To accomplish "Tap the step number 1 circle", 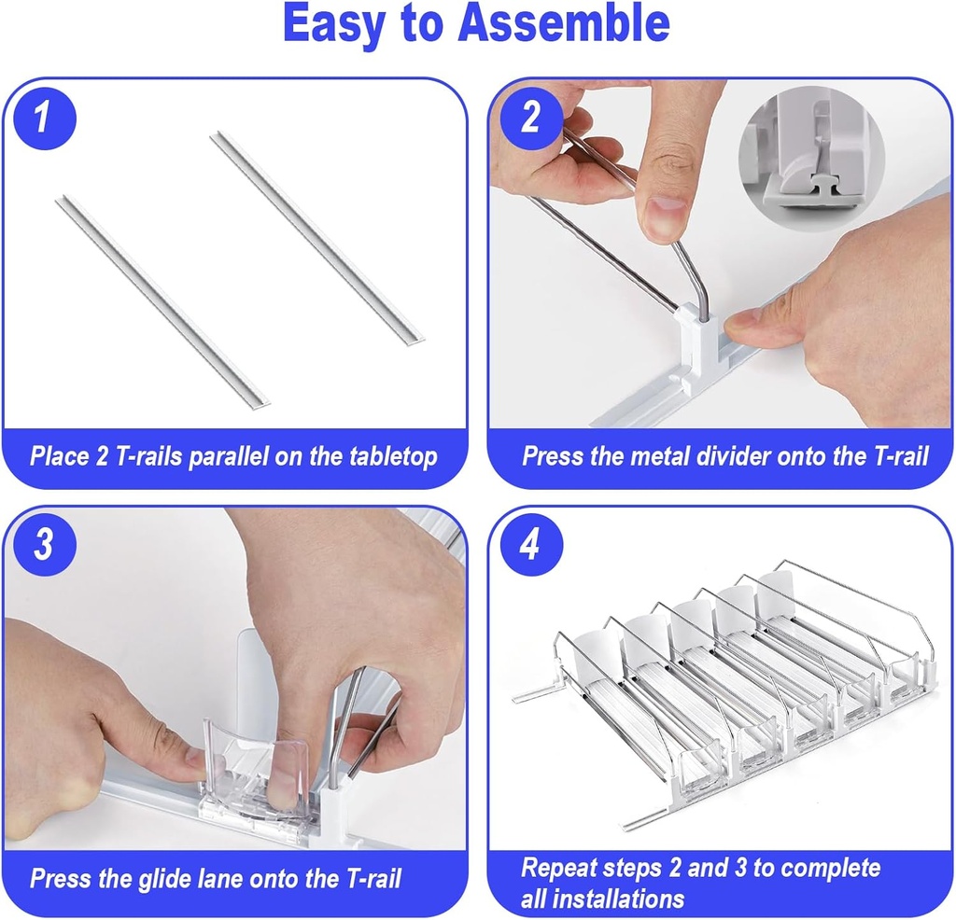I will pyautogui.click(x=42, y=118).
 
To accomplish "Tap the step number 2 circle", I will pyautogui.click(x=529, y=118).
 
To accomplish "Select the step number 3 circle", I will pyautogui.click(x=42, y=545).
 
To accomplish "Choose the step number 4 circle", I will pyautogui.click(x=529, y=545).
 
